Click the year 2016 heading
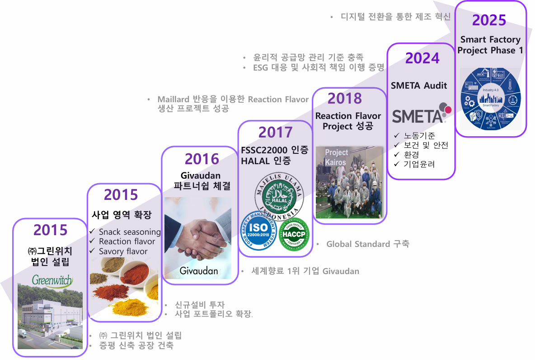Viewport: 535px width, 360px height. (x=202, y=159)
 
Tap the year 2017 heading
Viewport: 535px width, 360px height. (x=276, y=132)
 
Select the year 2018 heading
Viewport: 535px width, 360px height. (x=345, y=98)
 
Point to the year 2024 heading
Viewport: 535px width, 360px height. (x=422, y=58)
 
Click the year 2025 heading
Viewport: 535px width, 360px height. (x=489, y=20)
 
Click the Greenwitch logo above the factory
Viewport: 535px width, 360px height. (x=52, y=280)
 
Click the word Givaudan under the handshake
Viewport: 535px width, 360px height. (x=199, y=270)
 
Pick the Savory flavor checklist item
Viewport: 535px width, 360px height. (x=123, y=251)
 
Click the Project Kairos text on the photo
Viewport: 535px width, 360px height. (x=336, y=157)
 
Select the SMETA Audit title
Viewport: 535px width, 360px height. (x=418, y=85)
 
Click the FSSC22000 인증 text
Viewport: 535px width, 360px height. (x=275, y=150)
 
